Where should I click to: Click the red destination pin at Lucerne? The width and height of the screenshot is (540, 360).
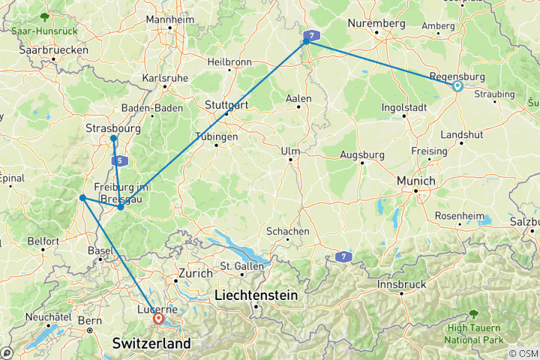tap(158, 319)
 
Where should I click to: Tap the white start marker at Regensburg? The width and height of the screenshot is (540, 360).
tap(457, 86)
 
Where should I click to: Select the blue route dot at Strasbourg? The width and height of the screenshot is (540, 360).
tap(113, 139)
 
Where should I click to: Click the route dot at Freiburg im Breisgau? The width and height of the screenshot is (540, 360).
tap(120, 206)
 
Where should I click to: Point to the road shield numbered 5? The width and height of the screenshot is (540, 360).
tap(118, 160)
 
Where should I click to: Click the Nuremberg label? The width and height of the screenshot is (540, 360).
tap(376, 24)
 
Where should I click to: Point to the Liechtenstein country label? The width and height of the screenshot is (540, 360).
tap(256, 295)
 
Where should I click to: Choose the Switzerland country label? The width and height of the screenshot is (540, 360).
tap(151, 343)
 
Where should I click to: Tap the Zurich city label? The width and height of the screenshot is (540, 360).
tap(196, 274)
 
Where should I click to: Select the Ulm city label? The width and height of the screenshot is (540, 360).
tap(289, 151)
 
